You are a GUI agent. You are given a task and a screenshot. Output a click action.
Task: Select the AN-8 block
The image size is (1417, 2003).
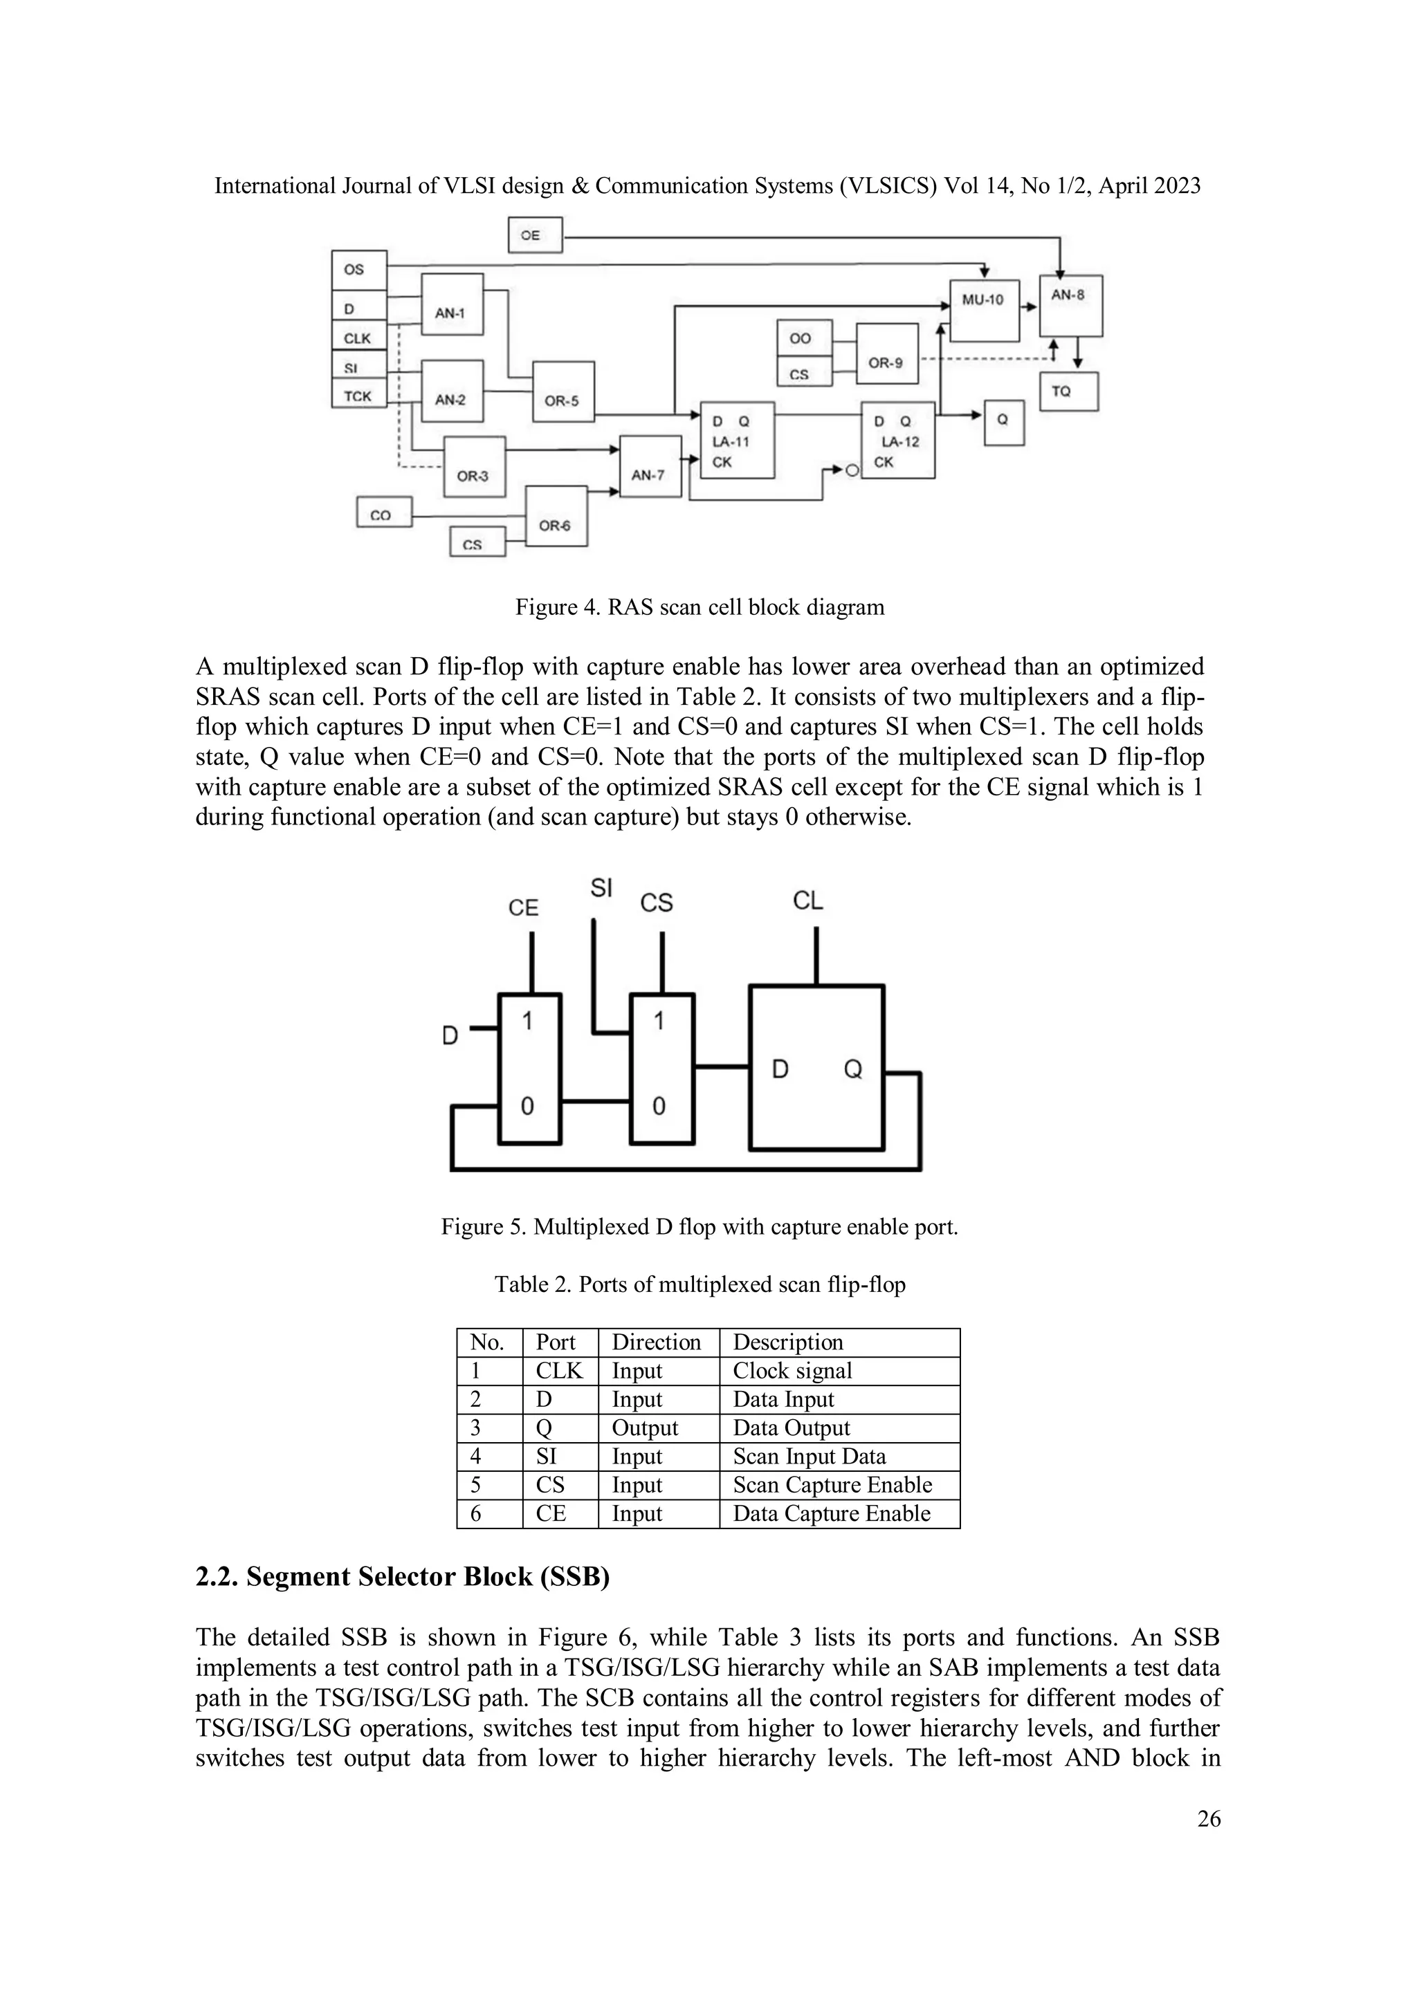click(x=1070, y=305)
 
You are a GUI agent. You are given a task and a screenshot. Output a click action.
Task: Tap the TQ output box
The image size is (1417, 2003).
click(x=1068, y=391)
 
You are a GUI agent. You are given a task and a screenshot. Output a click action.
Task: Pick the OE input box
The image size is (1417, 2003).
click(x=535, y=236)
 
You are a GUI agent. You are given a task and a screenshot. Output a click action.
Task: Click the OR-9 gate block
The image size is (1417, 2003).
click(x=886, y=353)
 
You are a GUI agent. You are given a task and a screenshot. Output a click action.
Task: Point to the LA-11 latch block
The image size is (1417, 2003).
click(x=738, y=440)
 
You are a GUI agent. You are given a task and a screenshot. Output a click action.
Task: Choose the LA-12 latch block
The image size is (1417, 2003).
click(x=898, y=440)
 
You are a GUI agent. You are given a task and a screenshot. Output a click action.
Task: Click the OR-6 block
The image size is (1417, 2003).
click(x=556, y=515)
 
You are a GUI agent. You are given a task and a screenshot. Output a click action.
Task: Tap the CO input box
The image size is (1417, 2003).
click(x=384, y=512)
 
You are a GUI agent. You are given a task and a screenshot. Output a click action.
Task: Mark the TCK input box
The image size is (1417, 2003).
click(x=358, y=395)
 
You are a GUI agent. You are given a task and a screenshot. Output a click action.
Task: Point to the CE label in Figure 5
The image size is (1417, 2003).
click(x=524, y=908)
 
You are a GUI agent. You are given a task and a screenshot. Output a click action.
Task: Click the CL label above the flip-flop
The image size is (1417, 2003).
click(x=808, y=901)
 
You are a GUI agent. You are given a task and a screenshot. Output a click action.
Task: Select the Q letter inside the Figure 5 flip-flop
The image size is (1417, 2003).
click(x=852, y=1069)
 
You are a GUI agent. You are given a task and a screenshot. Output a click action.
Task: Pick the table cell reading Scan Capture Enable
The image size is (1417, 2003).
click(x=832, y=1485)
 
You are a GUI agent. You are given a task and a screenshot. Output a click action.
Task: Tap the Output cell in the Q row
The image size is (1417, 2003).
click(x=645, y=1428)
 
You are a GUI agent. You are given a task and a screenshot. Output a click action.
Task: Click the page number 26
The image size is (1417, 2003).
click(x=1209, y=1818)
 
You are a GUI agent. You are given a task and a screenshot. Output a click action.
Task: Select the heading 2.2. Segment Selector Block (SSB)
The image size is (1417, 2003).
click(x=402, y=1577)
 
